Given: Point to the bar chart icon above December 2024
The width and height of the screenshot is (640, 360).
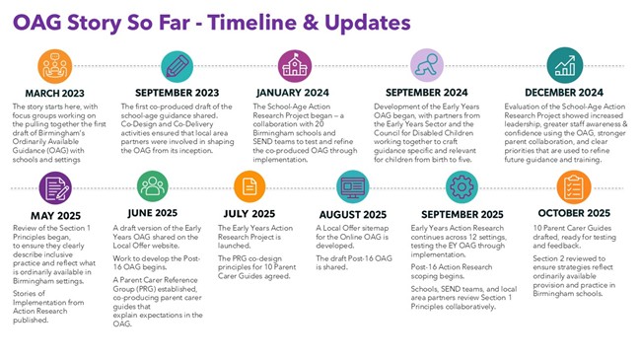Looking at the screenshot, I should click(565, 66).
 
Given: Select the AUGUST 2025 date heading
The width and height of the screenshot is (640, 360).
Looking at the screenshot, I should click(353, 212).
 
